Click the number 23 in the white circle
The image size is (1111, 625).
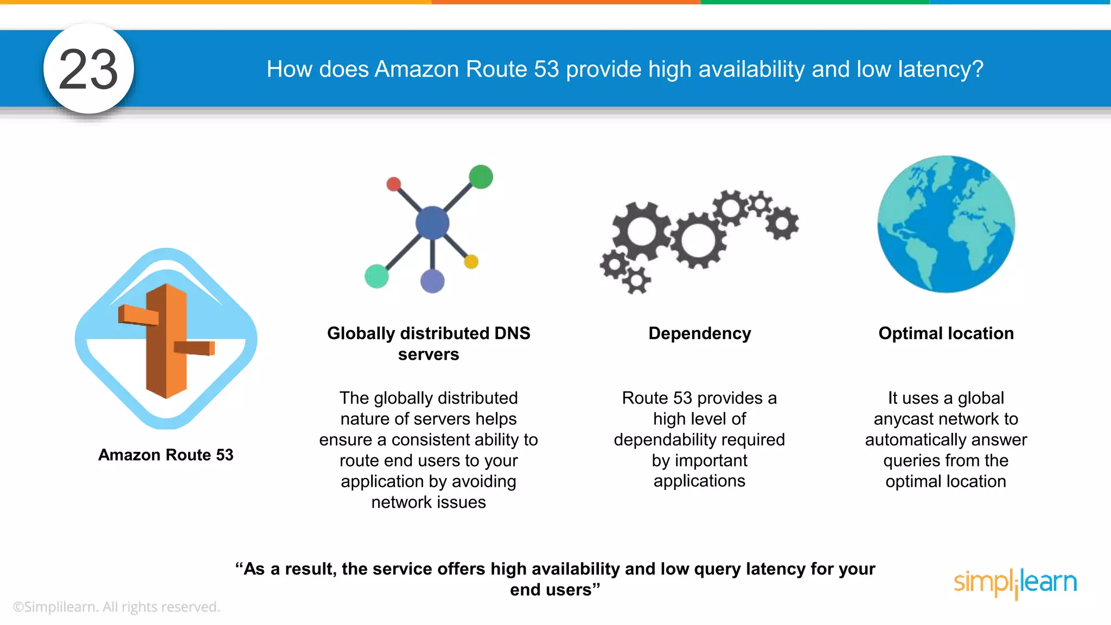tap(88, 69)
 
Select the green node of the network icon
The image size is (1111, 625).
tap(481, 177)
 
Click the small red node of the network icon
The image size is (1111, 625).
tap(394, 184)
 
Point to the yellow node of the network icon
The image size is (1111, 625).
tap(471, 262)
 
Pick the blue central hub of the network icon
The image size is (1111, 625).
tap(432, 223)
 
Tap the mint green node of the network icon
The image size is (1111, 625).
tap(376, 276)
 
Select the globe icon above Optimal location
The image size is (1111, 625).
tap(946, 224)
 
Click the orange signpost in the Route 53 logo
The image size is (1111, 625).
tap(167, 341)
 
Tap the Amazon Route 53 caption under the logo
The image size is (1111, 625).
tap(165, 455)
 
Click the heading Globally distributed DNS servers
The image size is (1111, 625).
tap(429, 343)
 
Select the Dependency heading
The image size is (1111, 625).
tap(699, 333)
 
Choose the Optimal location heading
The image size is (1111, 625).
tap(946, 333)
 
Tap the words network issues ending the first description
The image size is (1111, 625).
tap(429, 502)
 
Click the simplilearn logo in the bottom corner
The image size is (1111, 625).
tap(1015, 583)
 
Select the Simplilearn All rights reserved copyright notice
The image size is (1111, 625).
tap(116, 607)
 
